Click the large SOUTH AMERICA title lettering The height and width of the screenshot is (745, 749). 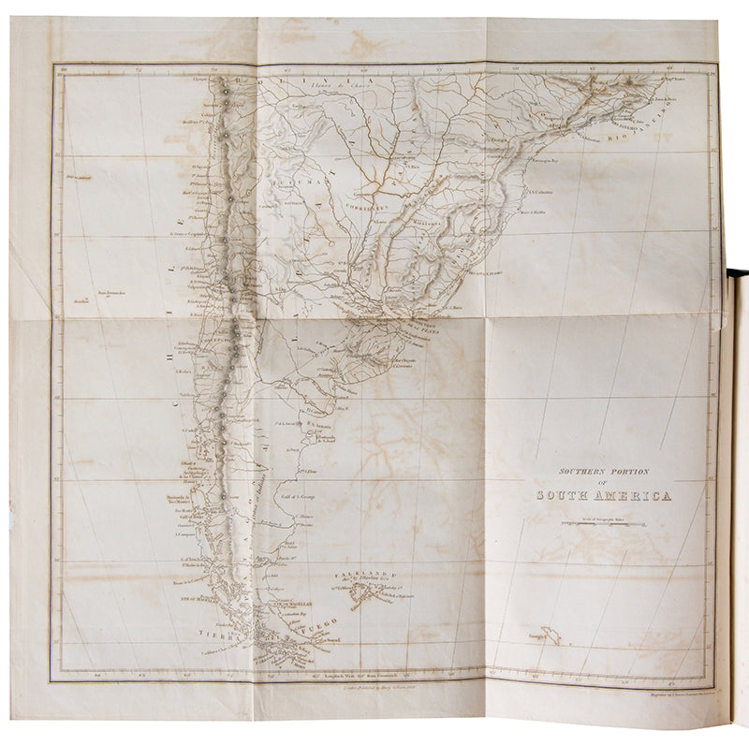pos(603,496)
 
